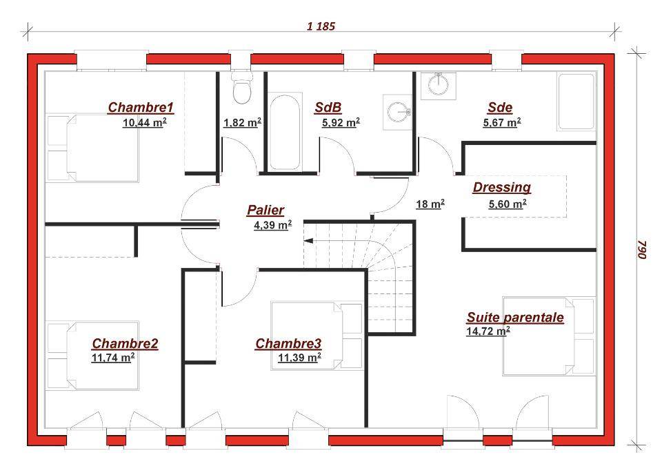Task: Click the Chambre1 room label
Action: point(141,107)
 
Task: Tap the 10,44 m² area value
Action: point(144,123)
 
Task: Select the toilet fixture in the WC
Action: point(242,88)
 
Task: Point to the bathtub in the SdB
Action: point(285,133)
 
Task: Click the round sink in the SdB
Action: point(397,112)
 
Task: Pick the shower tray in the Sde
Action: point(576,102)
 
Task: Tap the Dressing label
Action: point(501,187)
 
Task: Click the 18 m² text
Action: point(430,204)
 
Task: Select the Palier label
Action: point(265,210)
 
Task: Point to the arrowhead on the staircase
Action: point(308,241)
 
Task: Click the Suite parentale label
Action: point(515,317)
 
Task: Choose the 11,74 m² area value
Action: point(113,358)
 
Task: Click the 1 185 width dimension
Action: point(321,26)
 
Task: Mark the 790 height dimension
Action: point(642,249)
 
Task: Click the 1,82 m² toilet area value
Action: point(242,123)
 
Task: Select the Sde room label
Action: point(501,107)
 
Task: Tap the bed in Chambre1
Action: point(93,148)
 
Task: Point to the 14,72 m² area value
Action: point(488,331)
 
